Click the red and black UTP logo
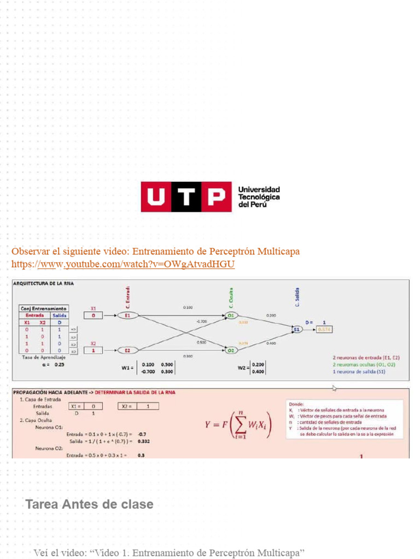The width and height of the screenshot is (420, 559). pos(183,197)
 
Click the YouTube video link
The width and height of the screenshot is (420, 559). pos(123,264)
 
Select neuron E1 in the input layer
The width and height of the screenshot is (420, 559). pos(127,315)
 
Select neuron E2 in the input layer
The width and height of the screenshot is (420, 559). pos(127,350)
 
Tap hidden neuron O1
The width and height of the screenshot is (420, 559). pos(231,315)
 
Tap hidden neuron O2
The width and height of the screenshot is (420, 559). pos(231,350)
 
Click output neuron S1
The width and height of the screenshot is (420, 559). pos(296,329)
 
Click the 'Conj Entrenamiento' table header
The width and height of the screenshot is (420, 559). pos(44,308)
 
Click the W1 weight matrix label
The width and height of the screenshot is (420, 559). pos(127,367)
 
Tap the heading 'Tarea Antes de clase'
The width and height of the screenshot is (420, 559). pos(89,504)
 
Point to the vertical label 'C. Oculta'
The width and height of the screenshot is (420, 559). pos(231,297)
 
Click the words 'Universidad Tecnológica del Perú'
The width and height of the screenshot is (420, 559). pos(259,197)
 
